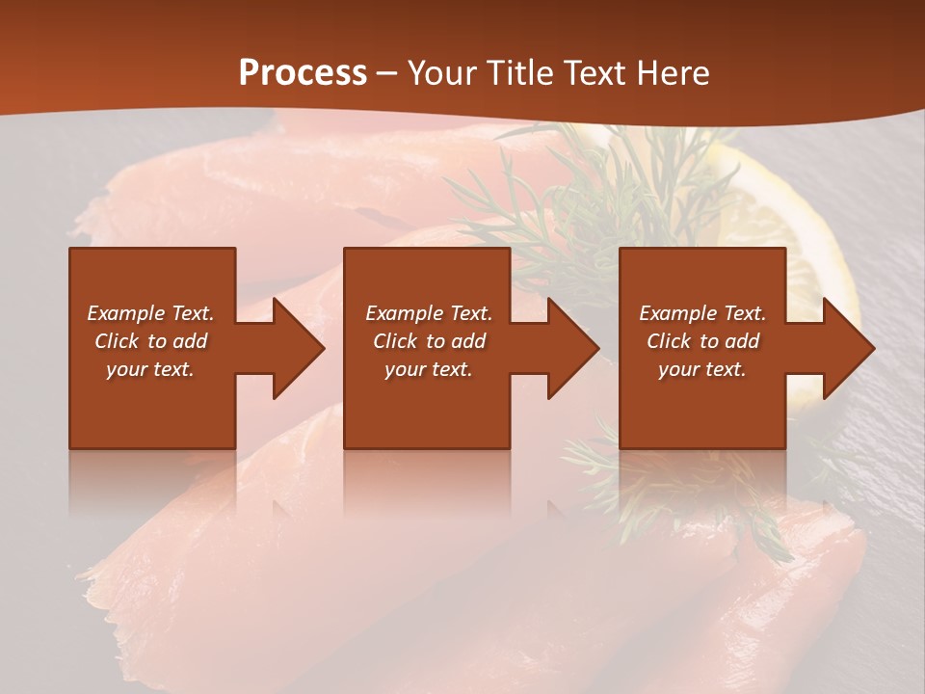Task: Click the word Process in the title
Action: [x=303, y=73]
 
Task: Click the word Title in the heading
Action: [x=518, y=73]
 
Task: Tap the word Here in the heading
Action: [x=671, y=73]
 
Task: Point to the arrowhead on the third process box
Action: [x=847, y=348]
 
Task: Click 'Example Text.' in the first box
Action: [x=150, y=313]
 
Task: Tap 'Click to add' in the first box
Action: [x=150, y=341]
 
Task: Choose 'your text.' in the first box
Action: [x=150, y=369]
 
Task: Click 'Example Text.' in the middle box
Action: [x=429, y=313]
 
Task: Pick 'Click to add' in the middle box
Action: [x=429, y=341]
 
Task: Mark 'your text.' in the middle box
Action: [x=429, y=369]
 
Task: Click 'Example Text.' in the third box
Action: [x=702, y=313]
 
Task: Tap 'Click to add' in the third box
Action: [x=702, y=341]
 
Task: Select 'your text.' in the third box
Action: [x=702, y=369]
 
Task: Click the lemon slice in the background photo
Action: [x=809, y=231]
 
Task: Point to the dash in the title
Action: [x=386, y=74]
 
